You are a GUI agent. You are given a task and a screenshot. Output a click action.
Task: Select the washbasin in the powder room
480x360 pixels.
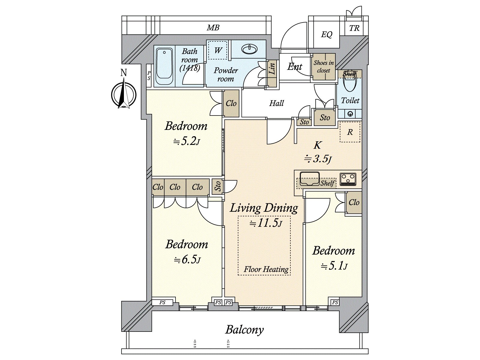[x=249, y=49]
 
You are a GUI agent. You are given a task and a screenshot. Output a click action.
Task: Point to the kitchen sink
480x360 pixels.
[x=309, y=178]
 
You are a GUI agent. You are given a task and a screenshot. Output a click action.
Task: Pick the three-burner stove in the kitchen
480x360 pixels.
[x=348, y=179]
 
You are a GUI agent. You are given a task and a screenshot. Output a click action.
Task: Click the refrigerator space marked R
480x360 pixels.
[x=350, y=132]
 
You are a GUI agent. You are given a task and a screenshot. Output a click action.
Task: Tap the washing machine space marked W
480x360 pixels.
[x=217, y=50]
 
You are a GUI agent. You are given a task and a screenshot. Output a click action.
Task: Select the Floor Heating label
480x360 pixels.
[x=266, y=269]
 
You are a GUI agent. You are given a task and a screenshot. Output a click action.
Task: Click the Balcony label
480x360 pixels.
[x=244, y=329]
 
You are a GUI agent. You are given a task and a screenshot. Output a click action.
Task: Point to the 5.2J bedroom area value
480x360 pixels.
[x=186, y=142]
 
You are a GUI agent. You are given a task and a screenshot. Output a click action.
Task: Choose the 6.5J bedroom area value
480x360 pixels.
[x=187, y=260]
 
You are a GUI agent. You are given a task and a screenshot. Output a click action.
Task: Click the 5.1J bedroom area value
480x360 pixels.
[x=334, y=266]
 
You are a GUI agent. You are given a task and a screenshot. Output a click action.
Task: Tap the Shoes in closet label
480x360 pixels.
[x=324, y=66]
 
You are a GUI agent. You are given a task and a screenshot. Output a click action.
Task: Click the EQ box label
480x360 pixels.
[x=327, y=34]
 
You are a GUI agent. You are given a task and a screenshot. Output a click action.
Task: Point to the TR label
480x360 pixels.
[x=354, y=28]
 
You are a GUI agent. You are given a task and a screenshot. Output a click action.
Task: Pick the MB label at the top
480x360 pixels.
[x=213, y=28]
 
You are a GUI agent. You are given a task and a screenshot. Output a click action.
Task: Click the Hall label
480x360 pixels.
[x=276, y=103]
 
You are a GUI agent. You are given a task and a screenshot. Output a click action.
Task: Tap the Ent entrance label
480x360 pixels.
[x=295, y=66]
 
